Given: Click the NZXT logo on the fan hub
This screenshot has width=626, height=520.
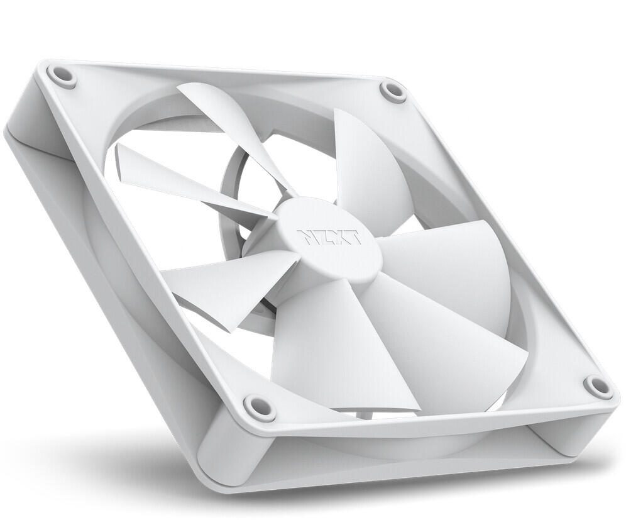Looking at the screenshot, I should point(329,238).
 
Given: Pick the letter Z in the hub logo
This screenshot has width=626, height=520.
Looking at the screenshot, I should point(321,238).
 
